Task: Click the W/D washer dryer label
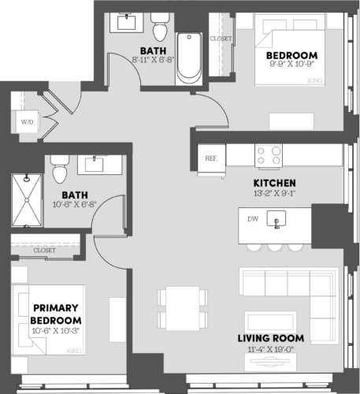[26, 122]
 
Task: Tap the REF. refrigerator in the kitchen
[211, 158]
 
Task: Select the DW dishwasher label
[252, 218]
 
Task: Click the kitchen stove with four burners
[270, 155]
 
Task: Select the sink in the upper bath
[125, 23]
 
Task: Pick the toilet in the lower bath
[59, 169]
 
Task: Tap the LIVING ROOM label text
[270, 338]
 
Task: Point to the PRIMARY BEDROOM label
[56, 315]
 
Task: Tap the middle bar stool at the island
[274, 247]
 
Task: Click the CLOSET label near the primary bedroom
[45, 250]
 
